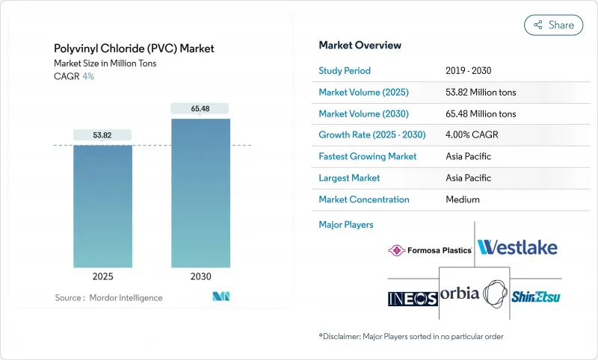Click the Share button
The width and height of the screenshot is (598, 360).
[553, 25]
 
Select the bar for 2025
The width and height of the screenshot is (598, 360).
[102, 206]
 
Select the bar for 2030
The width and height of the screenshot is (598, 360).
[200, 193]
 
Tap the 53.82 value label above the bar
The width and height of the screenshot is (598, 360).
[102, 135]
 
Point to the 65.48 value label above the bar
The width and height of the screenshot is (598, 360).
[200, 109]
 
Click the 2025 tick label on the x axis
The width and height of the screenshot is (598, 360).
[102, 276]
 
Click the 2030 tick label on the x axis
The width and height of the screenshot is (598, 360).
[200, 276]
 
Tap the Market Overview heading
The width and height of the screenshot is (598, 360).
[360, 46]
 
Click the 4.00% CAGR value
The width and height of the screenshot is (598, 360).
[471, 135]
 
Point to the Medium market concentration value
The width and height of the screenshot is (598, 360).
[462, 199]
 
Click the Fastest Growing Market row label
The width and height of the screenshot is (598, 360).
[368, 157]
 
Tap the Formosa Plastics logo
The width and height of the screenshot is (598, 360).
[430, 250]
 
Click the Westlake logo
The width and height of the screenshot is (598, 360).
[517, 247]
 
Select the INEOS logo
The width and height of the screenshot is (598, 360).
[413, 299]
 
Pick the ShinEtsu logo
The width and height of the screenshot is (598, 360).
[536, 297]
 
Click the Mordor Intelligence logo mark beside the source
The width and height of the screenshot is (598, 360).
[221, 297]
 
